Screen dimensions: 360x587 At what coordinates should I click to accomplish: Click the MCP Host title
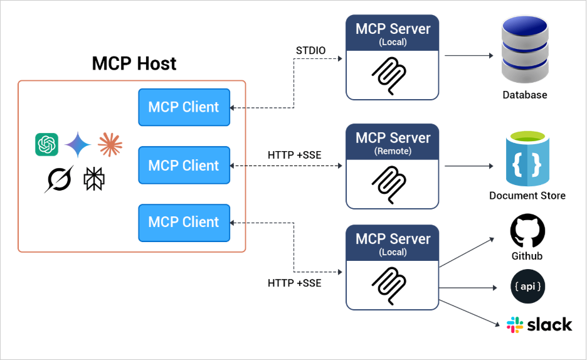134,63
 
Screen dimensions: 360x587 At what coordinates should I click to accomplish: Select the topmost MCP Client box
184,107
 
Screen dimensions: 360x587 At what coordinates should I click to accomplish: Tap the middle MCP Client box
184,166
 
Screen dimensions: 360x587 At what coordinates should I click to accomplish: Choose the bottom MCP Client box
184,222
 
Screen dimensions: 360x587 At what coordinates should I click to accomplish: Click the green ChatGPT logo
47,145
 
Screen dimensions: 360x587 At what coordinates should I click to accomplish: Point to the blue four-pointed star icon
78,145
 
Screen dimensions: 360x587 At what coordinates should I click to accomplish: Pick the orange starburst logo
110,145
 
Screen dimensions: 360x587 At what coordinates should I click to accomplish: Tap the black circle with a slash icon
58,179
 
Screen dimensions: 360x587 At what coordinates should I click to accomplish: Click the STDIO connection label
311,50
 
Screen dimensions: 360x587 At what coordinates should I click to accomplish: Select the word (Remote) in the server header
393,151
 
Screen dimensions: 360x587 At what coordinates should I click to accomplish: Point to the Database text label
524,95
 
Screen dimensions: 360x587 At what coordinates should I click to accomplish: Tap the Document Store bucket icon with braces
527,162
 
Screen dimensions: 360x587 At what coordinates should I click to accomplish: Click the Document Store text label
527,196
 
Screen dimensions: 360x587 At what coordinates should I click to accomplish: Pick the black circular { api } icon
527,287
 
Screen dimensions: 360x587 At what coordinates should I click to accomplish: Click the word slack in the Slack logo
549,324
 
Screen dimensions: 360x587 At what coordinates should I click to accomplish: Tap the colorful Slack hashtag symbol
516,324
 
